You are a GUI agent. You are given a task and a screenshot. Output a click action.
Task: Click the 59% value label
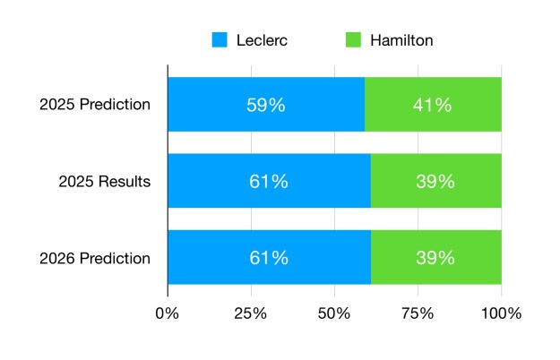pyautogui.click(x=266, y=105)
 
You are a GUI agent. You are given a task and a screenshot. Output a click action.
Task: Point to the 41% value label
pyautogui.click(x=433, y=105)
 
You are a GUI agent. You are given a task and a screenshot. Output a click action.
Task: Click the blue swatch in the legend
pyautogui.click(x=220, y=40)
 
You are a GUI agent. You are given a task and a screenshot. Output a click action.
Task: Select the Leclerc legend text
pyautogui.click(x=264, y=40)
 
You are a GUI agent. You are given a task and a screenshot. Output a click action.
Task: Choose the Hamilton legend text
pyautogui.click(x=402, y=40)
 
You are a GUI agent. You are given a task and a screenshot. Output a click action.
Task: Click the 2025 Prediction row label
pyautogui.click(x=95, y=105)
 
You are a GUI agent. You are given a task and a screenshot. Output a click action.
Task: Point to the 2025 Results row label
pyautogui.click(x=104, y=182)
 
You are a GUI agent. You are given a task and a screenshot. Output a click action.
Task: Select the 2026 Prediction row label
pyautogui.click(x=95, y=259)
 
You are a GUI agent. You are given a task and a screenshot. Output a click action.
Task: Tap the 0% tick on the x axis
pyautogui.click(x=168, y=313)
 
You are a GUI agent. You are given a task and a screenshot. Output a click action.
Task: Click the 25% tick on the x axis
pyautogui.click(x=251, y=313)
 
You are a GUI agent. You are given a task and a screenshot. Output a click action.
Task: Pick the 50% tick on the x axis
pyautogui.click(x=334, y=313)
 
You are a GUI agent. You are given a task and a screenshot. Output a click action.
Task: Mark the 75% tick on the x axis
pyautogui.click(x=418, y=313)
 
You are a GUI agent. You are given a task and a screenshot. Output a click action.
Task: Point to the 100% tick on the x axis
pyautogui.click(x=501, y=313)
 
